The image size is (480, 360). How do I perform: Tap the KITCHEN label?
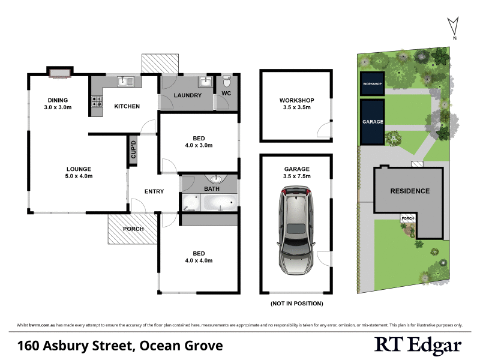tap(127, 106)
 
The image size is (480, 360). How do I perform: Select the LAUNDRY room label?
tap(187, 95)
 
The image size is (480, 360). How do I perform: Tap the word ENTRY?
tap(154, 191)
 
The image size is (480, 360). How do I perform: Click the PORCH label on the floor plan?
tap(133, 229)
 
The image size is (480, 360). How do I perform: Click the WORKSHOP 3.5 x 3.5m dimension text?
tap(297, 108)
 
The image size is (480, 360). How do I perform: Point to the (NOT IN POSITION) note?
tap(297, 303)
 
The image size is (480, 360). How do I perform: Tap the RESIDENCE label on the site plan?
tap(410, 191)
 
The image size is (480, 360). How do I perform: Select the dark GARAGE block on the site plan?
tap(372, 122)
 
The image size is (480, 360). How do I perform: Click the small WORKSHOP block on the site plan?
tap(371, 84)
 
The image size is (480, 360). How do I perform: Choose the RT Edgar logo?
tap(418, 345)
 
